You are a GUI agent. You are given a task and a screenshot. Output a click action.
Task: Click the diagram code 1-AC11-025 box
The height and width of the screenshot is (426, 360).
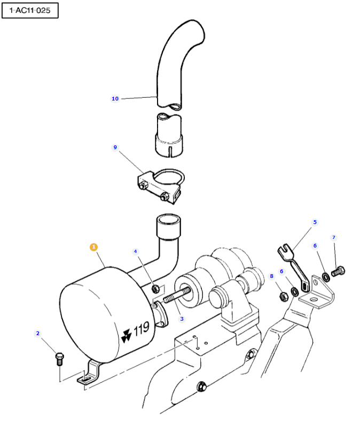click(30, 11)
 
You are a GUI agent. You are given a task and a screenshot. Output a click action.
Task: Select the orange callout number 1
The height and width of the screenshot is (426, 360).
click(93, 247)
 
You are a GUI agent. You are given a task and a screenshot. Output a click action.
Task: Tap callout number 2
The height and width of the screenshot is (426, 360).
click(38, 333)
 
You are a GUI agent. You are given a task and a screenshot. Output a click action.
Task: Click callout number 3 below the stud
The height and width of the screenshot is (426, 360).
click(182, 319)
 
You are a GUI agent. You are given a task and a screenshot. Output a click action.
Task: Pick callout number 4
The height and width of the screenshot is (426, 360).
click(135, 251)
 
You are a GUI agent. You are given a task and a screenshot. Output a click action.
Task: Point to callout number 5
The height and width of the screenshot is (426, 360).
click(315, 222)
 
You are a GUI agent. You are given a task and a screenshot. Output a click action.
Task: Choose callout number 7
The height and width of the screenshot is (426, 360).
click(334, 237)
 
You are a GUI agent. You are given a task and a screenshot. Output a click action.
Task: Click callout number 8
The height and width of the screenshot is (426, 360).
click(271, 276)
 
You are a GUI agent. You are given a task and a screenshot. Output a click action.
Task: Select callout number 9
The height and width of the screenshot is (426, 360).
click(115, 147)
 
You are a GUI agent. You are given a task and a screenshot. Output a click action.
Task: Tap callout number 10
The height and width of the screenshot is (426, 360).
click(115, 99)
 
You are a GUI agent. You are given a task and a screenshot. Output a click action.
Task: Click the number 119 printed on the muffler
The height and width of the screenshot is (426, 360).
click(142, 328)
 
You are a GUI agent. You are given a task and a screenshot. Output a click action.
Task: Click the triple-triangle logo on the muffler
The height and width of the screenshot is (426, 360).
click(126, 336)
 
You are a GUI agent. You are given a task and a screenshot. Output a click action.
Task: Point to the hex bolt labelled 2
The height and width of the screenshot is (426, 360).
click(59, 359)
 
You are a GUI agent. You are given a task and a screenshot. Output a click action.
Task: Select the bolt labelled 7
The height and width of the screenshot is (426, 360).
click(338, 272)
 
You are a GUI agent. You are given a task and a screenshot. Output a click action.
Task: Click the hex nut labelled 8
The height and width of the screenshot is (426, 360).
click(283, 297)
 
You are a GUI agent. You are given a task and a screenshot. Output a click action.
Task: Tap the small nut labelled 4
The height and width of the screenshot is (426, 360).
click(155, 289)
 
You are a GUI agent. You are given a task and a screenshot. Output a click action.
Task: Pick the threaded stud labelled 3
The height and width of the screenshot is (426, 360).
click(176, 295)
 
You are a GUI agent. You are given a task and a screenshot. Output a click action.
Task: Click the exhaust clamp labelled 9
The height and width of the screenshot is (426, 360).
click(161, 187)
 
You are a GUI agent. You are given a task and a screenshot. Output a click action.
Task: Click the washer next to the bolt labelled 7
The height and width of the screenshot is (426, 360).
click(326, 277)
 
